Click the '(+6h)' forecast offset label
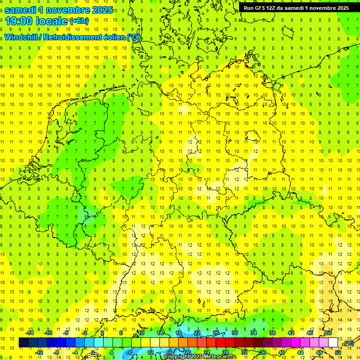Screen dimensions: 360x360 click(79, 21)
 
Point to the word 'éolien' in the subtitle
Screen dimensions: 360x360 click(111, 37)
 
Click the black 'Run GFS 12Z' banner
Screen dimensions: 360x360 click(296, 8)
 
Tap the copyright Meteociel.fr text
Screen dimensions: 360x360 click(201, 357)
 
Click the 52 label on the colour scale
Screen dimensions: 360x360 click(338, 352)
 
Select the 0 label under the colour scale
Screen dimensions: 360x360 click(94, 352)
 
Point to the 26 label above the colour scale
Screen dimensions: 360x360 click(216, 333)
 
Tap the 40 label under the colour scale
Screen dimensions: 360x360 click(282, 352)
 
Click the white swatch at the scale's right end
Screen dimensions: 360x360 click(333, 343)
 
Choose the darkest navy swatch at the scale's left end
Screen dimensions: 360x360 click(23, 343)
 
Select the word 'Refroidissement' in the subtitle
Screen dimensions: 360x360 click(72, 37)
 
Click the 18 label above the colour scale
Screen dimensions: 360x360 click(179, 333)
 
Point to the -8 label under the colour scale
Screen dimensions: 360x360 click(56, 352)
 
